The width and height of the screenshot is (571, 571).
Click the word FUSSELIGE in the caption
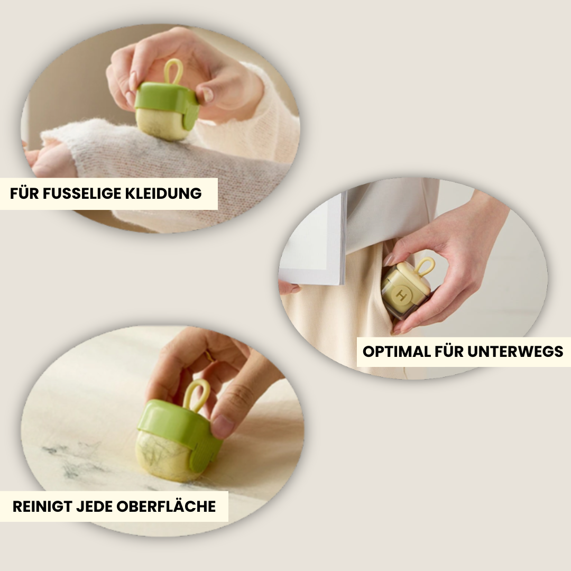(x=82, y=194)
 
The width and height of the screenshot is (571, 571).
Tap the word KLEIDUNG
(x=163, y=194)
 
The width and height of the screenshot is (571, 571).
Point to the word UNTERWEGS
(x=515, y=352)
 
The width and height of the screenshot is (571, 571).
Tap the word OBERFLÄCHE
(x=166, y=506)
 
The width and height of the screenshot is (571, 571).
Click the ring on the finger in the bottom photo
(x=209, y=355)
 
